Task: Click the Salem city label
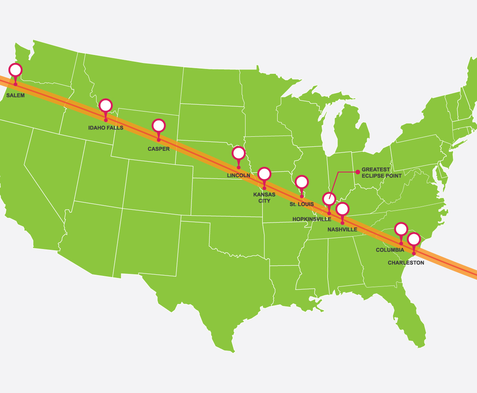coord(16,95)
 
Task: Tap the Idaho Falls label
coord(106,128)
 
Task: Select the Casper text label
coord(159,149)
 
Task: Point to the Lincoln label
coord(238,176)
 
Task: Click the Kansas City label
coord(264,198)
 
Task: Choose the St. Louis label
coord(301,204)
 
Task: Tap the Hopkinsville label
coord(312,219)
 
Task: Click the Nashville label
coord(342,230)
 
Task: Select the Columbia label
coord(390,250)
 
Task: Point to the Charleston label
coord(406,263)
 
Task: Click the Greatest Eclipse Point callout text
coord(381,173)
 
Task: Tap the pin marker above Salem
coord(16,70)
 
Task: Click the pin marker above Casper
coord(159,126)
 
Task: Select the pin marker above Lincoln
coord(238,153)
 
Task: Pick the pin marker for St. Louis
coord(301,182)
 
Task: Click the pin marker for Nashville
coord(342,209)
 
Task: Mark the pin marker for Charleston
coord(414,239)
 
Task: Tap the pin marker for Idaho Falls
coord(106,105)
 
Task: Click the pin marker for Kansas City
coord(264,173)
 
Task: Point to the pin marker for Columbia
coord(401,229)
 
